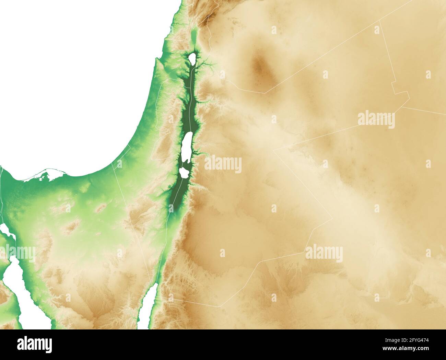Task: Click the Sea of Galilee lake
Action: coord(192,58)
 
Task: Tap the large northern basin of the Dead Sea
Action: coord(187,147)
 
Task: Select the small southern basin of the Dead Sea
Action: coord(184,172)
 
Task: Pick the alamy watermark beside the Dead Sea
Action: coord(223,164)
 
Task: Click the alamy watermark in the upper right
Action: coord(376,120)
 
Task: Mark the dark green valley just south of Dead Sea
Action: coord(176,199)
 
